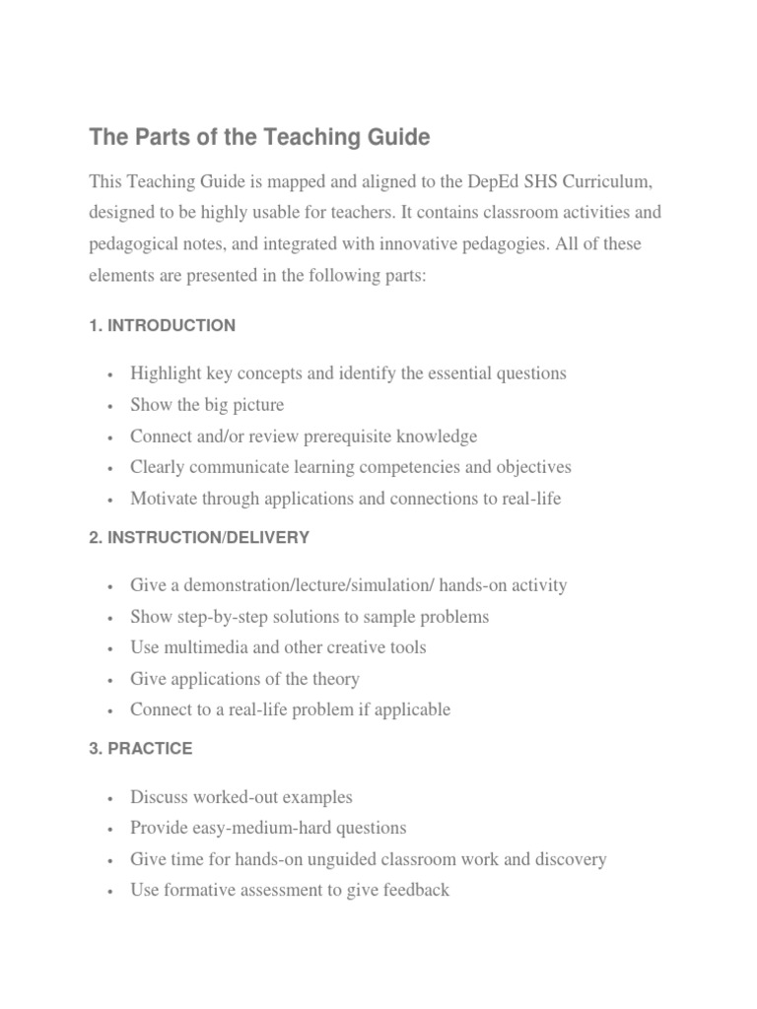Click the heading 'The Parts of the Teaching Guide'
(259, 138)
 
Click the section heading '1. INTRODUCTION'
(162, 325)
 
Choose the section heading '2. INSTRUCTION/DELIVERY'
(198, 537)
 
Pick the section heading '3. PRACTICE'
(140, 749)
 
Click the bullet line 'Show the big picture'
(207, 405)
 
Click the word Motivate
(164, 499)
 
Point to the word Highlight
(166, 373)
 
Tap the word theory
(336, 679)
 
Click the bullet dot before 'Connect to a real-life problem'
(110, 710)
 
